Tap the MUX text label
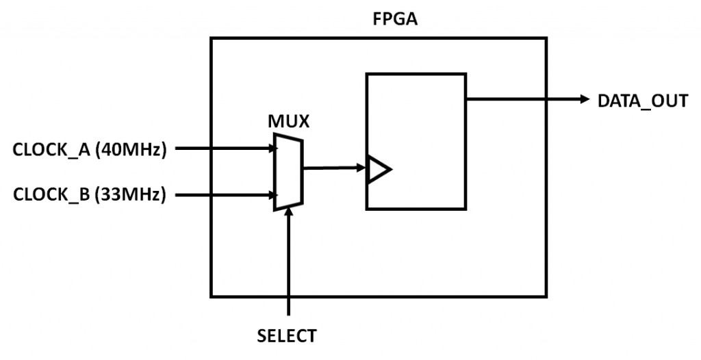[288, 123]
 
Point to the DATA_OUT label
[642, 101]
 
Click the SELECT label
[287, 336]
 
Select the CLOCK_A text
[51, 149]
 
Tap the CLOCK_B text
[51, 195]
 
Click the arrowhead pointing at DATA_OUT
[584, 99]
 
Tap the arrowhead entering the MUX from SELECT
[289, 212]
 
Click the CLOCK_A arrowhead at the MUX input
[270, 147]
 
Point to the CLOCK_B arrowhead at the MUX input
[270, 195]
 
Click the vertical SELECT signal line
[289, 267]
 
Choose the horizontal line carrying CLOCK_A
[219, 147]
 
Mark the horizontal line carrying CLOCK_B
[219, 195]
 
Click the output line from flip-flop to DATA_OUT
[520, 99]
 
